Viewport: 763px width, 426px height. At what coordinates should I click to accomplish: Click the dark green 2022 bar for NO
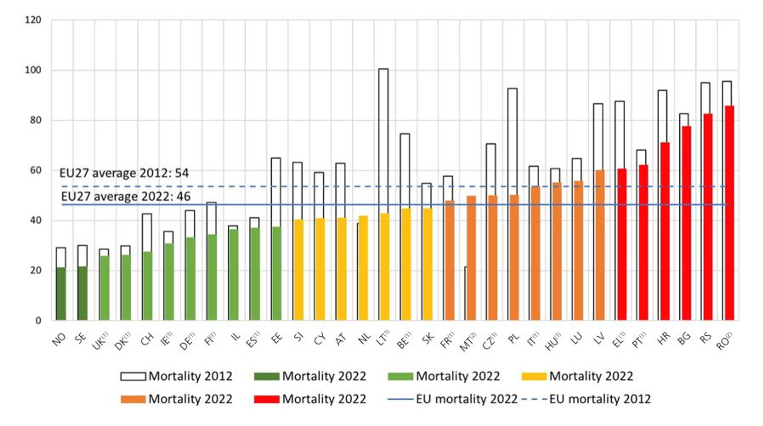pos(61,294)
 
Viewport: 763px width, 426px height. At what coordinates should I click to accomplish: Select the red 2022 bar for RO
pos(730,213)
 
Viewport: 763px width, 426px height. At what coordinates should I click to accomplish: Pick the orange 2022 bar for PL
pos(514,258)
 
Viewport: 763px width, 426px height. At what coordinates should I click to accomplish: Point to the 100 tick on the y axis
pos(33,70)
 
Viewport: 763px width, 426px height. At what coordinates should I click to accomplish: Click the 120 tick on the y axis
pos(33,20)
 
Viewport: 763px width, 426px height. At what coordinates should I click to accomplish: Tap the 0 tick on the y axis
pos(38,320)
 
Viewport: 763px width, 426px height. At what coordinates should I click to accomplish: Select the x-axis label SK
pos(428,339)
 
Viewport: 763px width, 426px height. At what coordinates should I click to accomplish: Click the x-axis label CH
pos(147,339)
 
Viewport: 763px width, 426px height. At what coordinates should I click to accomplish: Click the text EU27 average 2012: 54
pos(124,173)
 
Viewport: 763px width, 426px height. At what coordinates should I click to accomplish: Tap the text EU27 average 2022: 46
pos(126,197)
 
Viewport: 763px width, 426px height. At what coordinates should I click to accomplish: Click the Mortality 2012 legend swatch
pos(133,376)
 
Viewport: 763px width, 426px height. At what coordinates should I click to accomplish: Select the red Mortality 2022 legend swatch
pos(267,399)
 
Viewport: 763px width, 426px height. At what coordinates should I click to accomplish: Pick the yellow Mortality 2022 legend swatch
pos(534,376)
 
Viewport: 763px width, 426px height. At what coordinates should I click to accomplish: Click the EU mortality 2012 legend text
pos(600,399)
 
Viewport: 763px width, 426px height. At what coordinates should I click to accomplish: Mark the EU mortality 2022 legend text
pos(467,399)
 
